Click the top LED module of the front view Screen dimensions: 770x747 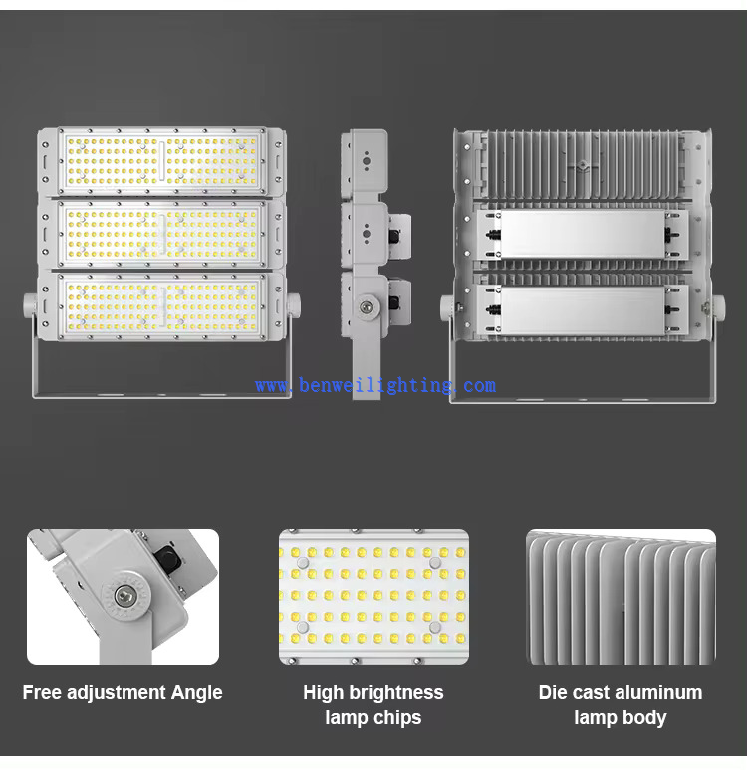pos(161,161)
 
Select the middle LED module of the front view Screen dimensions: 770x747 pos(161,233)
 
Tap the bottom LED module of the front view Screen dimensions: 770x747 pos(161,305)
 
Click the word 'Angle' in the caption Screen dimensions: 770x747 pos(196,693)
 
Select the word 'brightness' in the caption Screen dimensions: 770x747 pos(396,693)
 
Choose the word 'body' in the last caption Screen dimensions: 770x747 pos(643,718)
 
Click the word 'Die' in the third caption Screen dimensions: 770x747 pos(554,693)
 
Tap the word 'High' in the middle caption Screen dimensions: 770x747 pos(324,693)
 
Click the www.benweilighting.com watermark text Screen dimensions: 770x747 pos(374,385)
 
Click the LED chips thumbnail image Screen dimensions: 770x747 pos(373,596)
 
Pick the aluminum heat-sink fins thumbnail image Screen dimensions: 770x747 pos(621,596)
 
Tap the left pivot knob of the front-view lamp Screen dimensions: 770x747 pos(31,305)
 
